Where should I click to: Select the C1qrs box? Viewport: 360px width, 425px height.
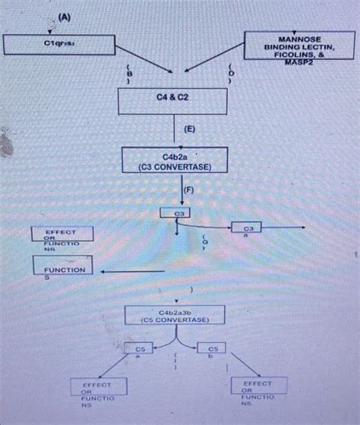point(58,45)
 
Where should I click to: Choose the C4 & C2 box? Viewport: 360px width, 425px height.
point(172,99)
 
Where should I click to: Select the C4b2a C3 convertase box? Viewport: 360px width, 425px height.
point(175,160)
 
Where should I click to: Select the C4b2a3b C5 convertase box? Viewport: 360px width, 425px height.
point(174,315)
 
